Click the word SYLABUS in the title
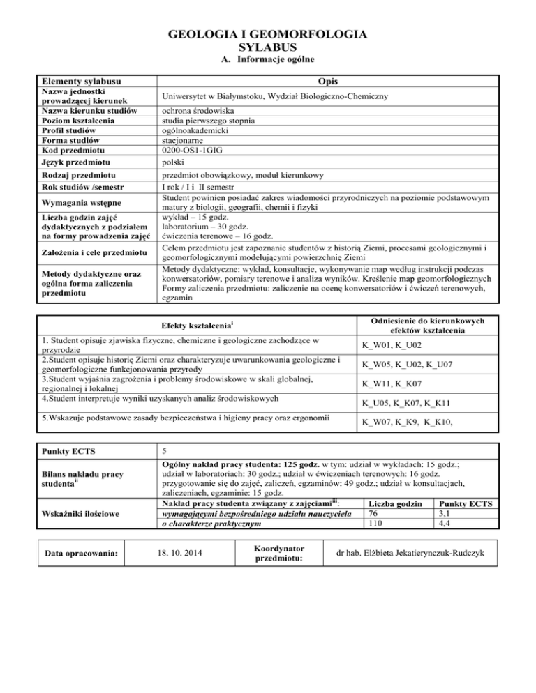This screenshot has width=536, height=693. tap(268, 47)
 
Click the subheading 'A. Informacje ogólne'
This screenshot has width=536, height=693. tap(267, 61)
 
